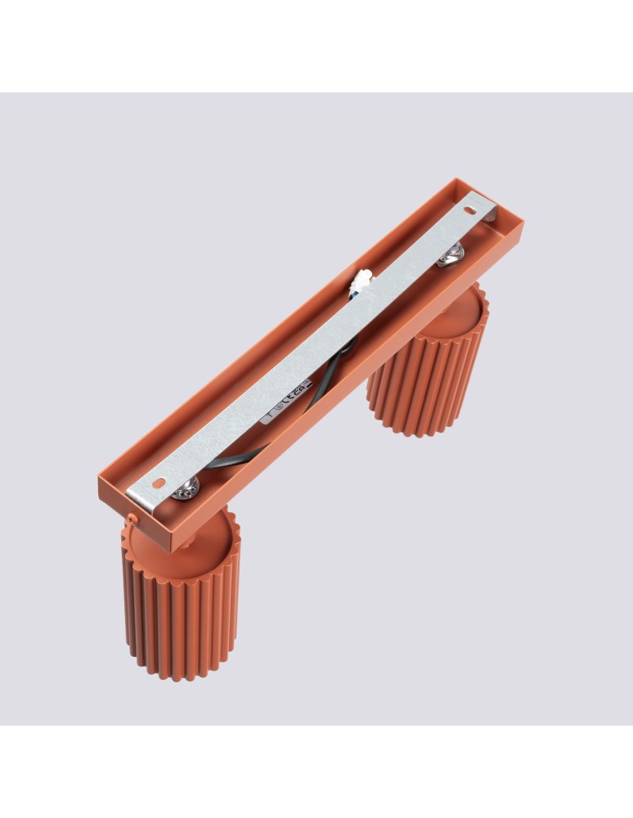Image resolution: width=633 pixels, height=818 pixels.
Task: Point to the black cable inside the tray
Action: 237,457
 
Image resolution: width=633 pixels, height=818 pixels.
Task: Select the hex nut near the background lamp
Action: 450,254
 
